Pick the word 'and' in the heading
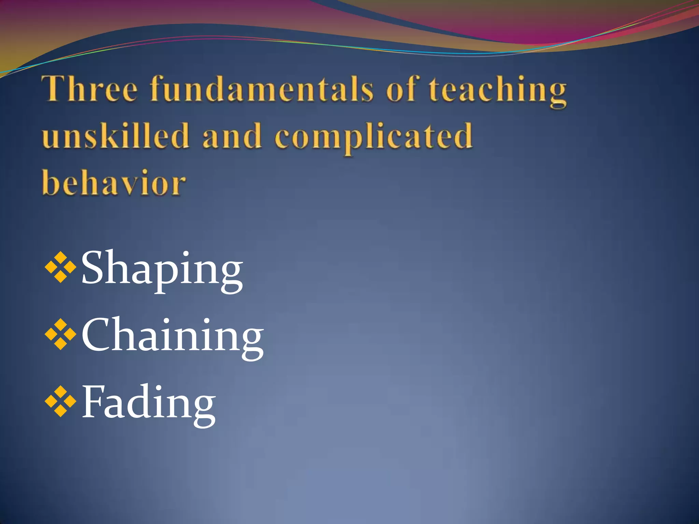[232, 136]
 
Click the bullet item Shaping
[162, 270]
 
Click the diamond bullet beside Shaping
[61, 267]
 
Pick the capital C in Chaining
[97, 334]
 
